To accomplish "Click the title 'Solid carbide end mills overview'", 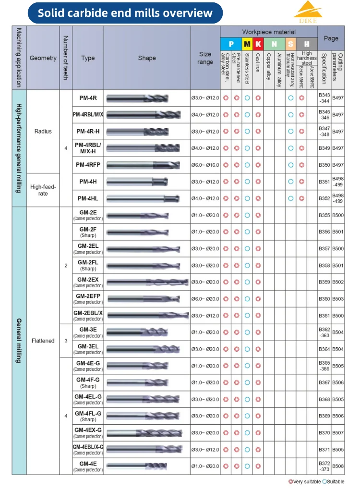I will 125,12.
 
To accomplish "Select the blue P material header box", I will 231,44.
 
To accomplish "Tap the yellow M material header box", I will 247,44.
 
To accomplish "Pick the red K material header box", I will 258,44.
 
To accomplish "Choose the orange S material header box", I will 290,44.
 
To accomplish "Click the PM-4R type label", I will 88,98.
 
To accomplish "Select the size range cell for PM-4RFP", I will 205,165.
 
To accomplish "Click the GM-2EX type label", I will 88,280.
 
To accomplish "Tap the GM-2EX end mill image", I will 147,282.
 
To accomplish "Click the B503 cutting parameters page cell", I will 338,299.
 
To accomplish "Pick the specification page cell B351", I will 324,182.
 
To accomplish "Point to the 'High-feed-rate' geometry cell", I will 43,190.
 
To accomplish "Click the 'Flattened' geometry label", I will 43,341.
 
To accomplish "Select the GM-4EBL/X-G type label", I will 88,447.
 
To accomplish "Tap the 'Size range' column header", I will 205,58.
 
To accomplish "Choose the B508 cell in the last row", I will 338,466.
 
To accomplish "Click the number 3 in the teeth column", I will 66,341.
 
